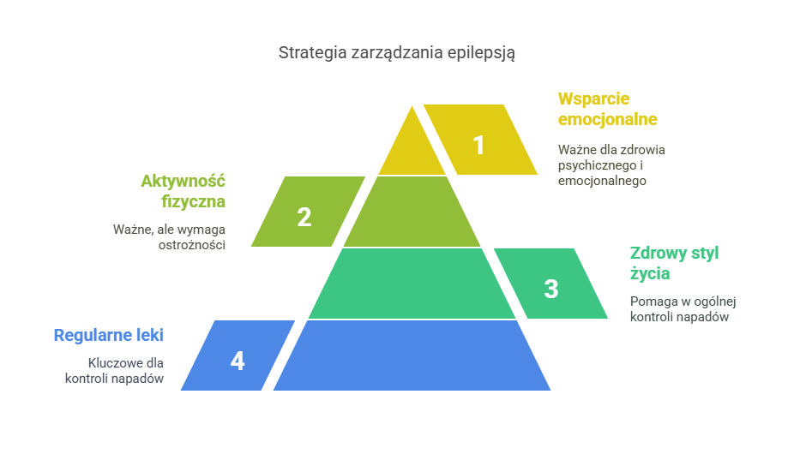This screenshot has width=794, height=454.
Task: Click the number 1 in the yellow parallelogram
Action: [478, 146]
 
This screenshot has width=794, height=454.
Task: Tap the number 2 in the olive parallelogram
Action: [304, 218]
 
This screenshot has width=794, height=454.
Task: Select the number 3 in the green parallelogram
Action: [551, 290]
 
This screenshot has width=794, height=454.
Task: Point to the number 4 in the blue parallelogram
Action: [238, 361]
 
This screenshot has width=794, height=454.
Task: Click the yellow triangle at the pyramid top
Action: [412, 150]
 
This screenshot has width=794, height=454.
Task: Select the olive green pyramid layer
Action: [412, 212]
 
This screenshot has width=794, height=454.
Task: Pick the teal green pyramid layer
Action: [412, 284]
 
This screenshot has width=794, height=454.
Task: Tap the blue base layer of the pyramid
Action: [412, 355]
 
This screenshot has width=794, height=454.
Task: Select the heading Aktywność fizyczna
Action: [183, 191]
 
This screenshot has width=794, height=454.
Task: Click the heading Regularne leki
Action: [108, 335]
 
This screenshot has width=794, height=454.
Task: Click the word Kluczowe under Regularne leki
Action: [113, 362]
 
